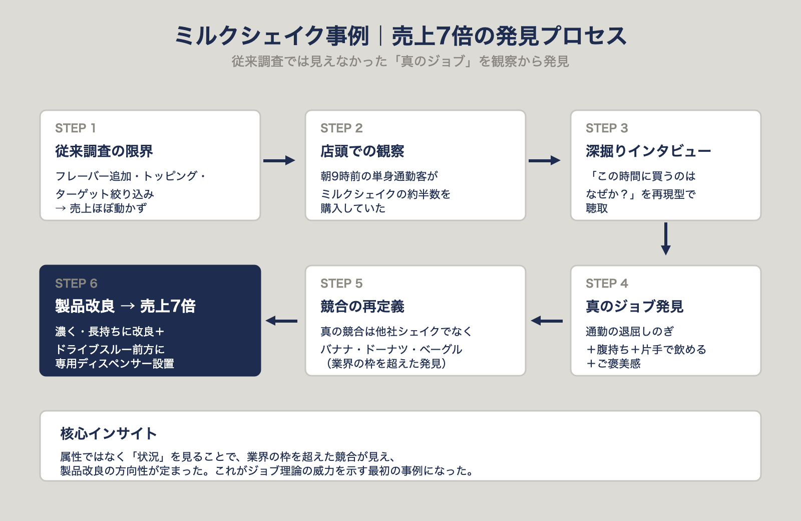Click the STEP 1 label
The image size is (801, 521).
[75, 128]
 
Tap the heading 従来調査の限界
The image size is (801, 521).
[104, 151]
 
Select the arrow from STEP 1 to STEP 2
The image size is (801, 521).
[279, 160]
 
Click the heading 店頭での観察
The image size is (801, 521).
[362, 151]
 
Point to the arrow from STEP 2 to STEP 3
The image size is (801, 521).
[544, 160]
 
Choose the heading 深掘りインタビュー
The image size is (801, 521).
[648, 151]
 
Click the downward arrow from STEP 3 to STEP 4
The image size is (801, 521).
[665, 239]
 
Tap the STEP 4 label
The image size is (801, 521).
[606, 284]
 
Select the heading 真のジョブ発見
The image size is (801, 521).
[634, 307]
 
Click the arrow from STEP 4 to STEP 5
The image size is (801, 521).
[547, 321]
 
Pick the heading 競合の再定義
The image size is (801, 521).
[362, 307]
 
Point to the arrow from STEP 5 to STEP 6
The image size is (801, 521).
[281, 321]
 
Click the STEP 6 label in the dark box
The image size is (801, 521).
[76, 284]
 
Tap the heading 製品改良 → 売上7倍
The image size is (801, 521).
[125, 306]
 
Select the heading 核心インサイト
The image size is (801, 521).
[109, 433]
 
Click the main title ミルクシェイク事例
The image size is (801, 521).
[271, 36]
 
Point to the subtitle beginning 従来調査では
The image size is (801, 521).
[400, 62]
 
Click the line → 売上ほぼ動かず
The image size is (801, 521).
[101, 208]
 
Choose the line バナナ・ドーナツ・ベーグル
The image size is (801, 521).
[391, 349]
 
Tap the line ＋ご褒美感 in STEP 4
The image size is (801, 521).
[613, 364]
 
